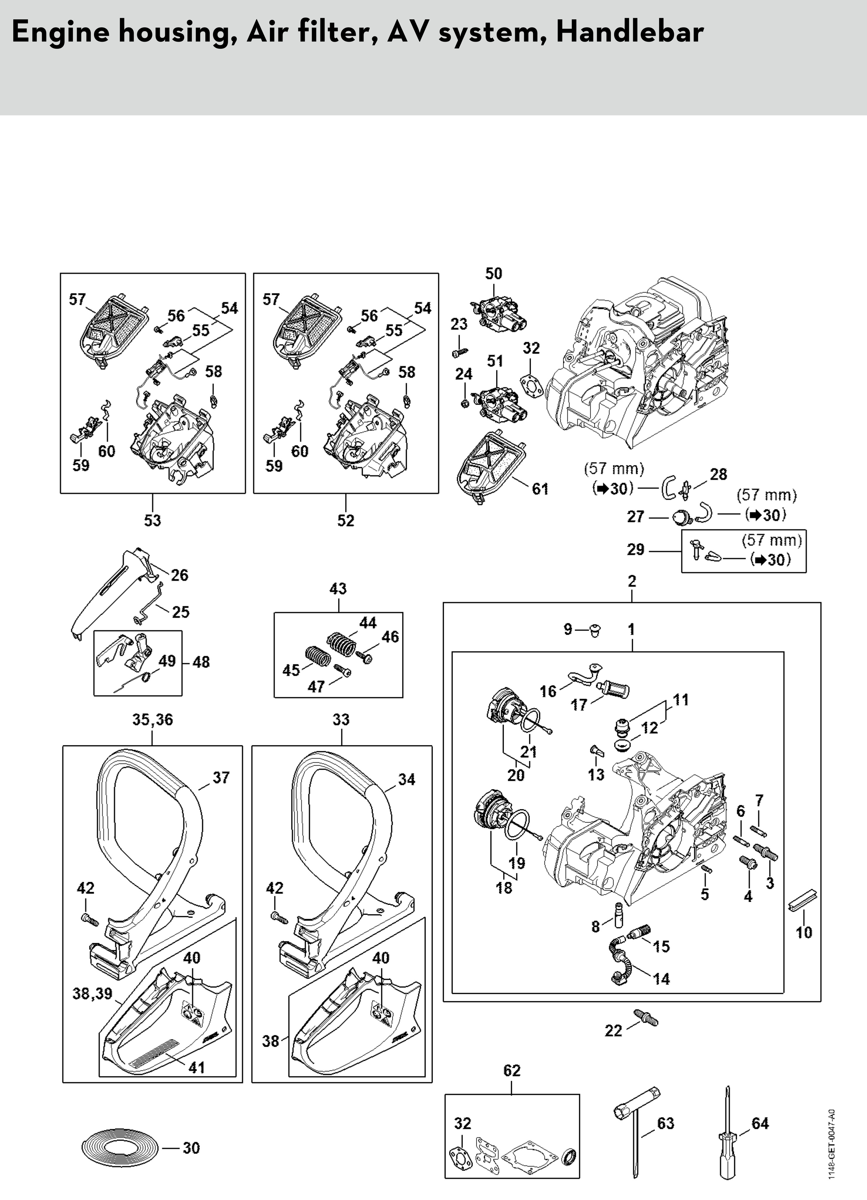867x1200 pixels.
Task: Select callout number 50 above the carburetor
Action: tap(494, 274)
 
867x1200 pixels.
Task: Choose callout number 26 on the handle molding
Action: tap(180, 575)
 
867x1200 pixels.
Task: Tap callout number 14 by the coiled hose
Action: tap(662, 979)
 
